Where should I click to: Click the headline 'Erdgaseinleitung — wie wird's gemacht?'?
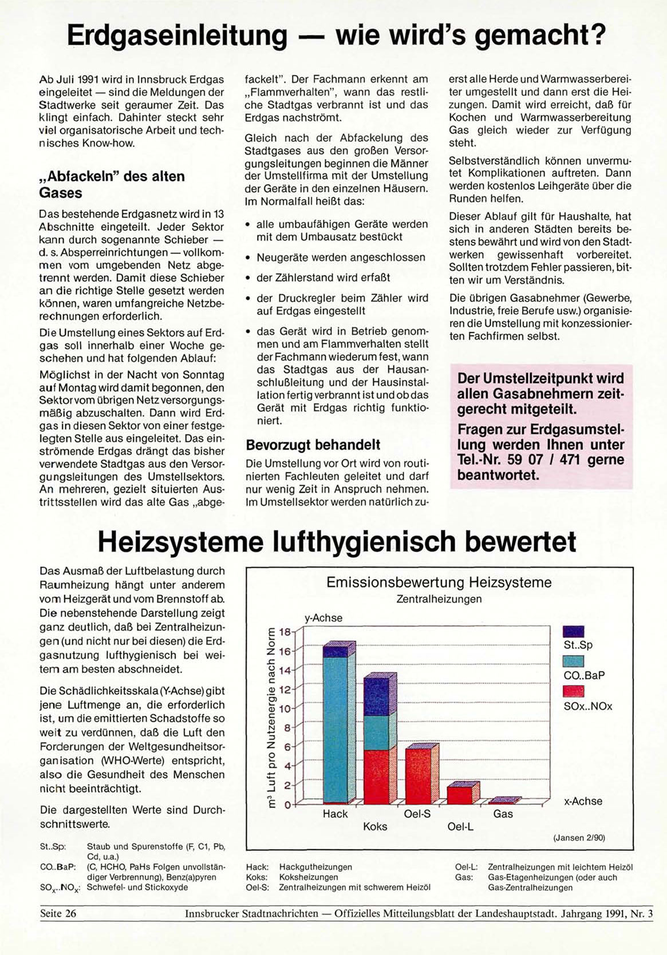point(336,35)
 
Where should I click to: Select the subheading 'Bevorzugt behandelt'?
point(313,445)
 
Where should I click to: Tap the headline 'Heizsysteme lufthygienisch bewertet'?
point(337,542)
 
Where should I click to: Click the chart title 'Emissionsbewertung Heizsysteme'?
point(439,582)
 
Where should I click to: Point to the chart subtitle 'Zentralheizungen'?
point(439,599)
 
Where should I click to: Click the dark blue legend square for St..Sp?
point(574,631)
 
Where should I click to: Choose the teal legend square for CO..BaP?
point(574,661)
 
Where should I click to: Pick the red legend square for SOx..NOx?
point(574,691)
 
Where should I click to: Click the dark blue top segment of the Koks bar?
point(376,696)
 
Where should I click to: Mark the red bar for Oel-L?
point(459,795)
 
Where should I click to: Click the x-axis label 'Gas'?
point(503,814)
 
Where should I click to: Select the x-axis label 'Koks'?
point(375,826)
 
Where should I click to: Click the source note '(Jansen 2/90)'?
point(579,838)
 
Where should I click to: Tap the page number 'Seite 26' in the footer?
point(58,914)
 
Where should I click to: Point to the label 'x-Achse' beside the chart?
point(583,801)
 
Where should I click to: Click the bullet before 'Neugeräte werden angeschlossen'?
point(248,258)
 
